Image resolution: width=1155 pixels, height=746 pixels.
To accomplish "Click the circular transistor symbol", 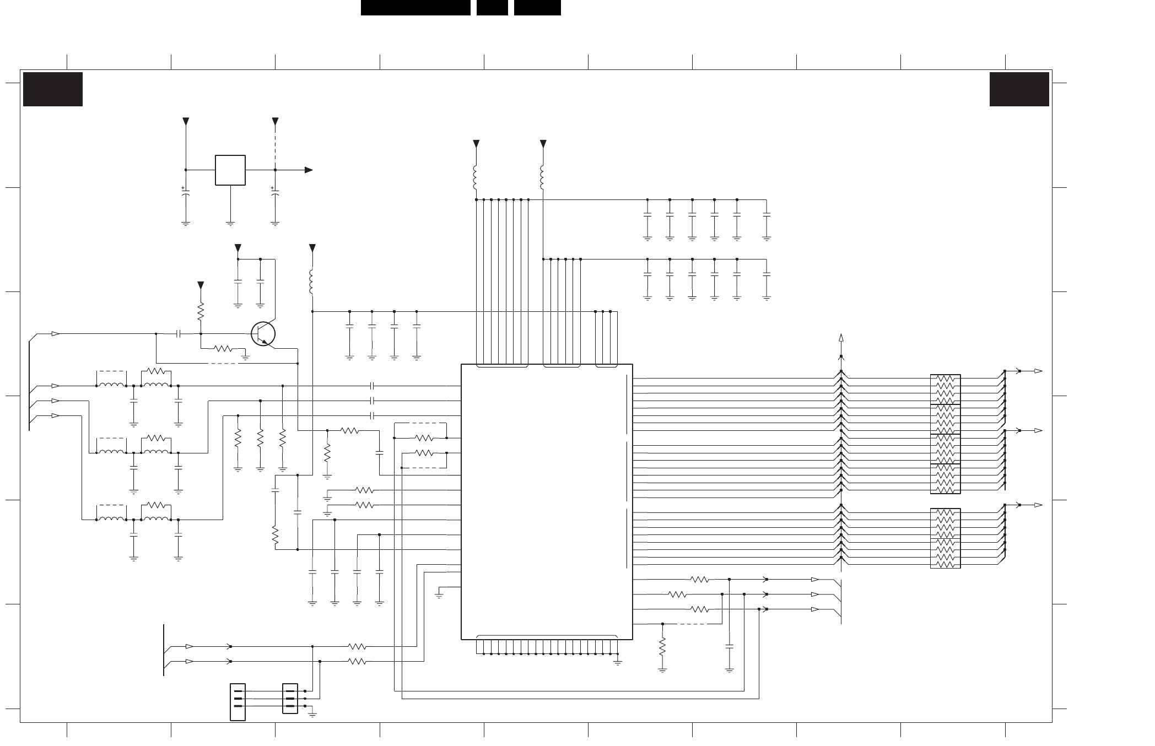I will pos(263,334).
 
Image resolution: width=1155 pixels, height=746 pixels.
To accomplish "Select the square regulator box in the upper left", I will pos(230,170).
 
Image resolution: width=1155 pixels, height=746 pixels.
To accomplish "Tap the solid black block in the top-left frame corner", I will pos(53,89).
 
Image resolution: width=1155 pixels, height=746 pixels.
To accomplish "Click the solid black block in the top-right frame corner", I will pos(1019,89).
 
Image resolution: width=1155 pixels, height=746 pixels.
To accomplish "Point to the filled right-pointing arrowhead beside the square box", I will pos(309,170).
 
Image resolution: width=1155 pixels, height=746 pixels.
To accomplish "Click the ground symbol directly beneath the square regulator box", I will pos(230,223).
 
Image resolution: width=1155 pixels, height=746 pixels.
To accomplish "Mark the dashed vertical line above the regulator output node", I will pos(276,146).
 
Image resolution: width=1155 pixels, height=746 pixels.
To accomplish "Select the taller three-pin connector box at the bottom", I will pos(238,701).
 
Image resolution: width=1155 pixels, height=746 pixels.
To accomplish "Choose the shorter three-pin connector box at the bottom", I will pos(290,699).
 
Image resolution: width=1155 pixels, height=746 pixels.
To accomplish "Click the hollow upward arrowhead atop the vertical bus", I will pos(841,338).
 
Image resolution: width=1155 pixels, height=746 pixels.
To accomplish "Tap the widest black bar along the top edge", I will pos(415,8).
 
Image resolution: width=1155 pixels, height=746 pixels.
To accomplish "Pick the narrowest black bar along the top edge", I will pos(492,8).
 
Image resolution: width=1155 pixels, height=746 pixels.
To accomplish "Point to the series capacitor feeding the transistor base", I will pos(178,333).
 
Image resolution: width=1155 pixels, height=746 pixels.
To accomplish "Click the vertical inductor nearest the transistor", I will pos(312,282).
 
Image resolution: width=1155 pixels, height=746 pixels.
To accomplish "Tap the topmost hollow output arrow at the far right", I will pos(1038,371).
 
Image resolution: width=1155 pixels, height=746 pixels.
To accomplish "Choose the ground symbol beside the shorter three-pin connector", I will pos(312,715).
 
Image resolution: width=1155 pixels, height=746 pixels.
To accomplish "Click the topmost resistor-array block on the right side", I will pos(945,390).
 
